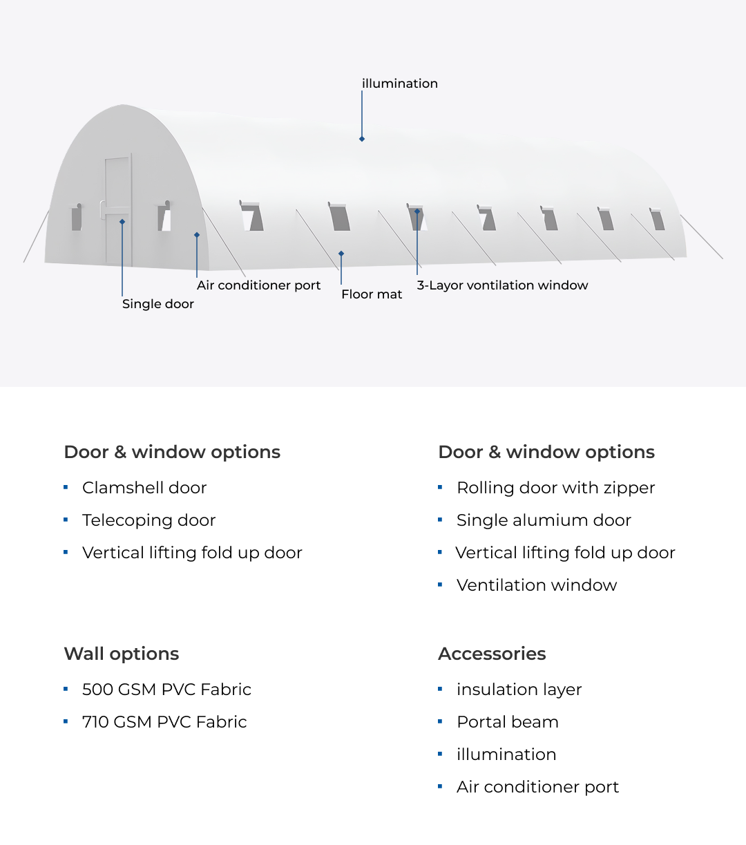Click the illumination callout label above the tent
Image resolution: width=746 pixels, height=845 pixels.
[399, 84]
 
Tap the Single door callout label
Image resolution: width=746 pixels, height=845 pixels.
[157, 304]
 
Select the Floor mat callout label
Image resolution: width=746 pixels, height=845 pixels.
[372, 294]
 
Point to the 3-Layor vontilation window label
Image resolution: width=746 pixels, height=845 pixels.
[502, 285]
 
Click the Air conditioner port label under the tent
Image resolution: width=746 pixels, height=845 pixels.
[258, 285]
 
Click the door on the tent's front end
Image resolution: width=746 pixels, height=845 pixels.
[117, 210]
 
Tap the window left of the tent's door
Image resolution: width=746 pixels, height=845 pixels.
[77, 218]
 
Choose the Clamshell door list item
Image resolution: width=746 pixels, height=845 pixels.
[144, 488]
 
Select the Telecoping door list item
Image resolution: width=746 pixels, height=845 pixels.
[149, 520]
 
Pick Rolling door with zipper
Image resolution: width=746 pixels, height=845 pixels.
[555, 488]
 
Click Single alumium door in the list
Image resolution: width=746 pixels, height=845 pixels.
[544, 520]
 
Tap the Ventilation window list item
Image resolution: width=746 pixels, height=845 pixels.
[536, 585]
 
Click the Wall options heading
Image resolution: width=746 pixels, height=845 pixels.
[122, 654]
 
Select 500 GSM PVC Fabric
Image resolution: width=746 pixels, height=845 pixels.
[166, 690]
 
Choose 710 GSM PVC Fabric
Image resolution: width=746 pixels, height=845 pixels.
[164, 722]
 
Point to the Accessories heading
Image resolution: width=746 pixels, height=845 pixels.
[492, 654]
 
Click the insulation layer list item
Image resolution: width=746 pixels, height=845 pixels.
[519, 690]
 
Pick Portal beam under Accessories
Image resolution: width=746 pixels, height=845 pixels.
[507, 722]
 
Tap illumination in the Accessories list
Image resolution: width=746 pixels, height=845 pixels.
[506, 754]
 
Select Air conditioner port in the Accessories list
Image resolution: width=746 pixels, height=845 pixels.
[537, 787]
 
